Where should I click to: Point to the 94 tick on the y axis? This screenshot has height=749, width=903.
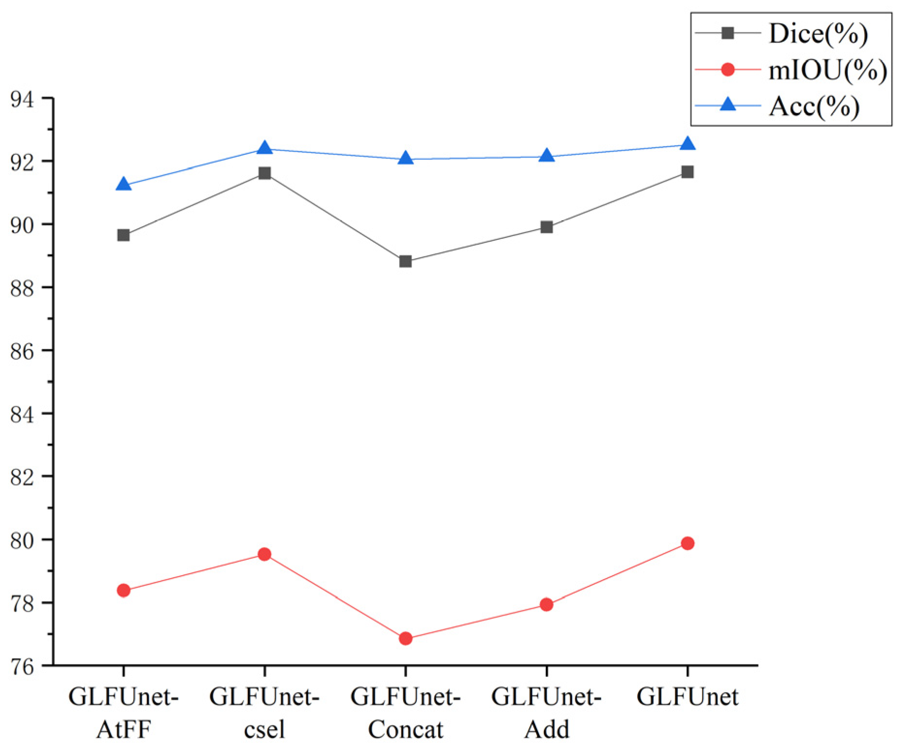(x=22, y=99)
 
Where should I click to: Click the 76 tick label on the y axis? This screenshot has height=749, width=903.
(x=22, y=667)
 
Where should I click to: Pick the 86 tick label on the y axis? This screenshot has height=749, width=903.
(x=22, y=351)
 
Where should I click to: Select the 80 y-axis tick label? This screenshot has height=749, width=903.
(x=22, y=540)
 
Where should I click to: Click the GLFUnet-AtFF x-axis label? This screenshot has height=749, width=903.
(x=124, y=713)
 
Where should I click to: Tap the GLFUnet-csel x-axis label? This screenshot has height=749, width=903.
(x=264, y=713)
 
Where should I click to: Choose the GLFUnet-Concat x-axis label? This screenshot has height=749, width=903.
(x=406, y=713)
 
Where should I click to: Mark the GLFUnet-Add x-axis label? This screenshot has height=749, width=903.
(x=546, y=713)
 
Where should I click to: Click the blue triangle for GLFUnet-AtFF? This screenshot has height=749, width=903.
(x=124, y=184)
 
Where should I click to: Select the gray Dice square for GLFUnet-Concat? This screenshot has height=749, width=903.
(x=406, y=262)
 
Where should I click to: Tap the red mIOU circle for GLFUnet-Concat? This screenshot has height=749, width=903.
(x=406, y=638)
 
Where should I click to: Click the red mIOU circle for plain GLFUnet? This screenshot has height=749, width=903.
(x=688, y=543)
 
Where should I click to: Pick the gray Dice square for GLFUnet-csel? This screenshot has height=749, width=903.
(x=264, y=173)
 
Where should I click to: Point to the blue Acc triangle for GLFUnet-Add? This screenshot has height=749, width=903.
(x=546, y=156)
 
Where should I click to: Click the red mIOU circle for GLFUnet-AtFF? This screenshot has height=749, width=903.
(x=124, y=590)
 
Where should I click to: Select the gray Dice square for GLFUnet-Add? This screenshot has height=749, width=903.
(x=546, y=227)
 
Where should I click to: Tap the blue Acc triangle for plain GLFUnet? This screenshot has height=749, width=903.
(x=688, y=144)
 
